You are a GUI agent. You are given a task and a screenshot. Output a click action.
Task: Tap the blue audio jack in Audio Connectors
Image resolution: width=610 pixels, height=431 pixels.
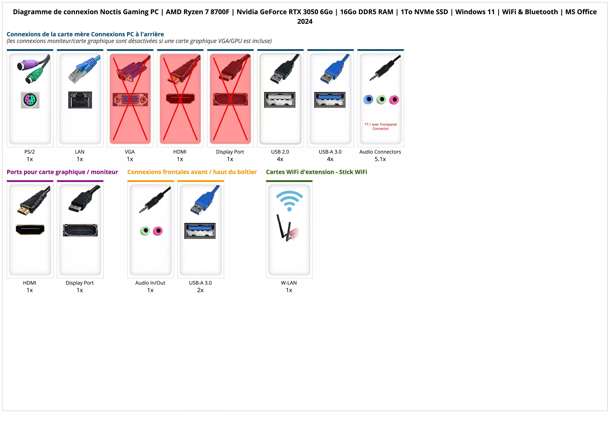pyautogui.click(x=368, y=100)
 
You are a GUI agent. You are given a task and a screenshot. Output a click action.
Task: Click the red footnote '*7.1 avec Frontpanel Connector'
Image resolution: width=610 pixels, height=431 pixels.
pyautogui.click(x=380, y=126)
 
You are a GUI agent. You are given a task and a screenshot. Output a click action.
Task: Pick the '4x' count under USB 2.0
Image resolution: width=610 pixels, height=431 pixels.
pyautogui.click(x=280, y=159)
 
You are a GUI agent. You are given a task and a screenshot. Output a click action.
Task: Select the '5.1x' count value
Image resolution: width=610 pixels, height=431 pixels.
pyautogui.click(x=380, y=159)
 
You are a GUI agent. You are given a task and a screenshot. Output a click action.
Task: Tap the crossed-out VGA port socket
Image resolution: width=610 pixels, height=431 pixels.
pyautogui.click(x=130, y=100)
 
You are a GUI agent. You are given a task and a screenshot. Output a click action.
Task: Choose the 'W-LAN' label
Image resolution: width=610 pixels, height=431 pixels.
pyautogui.click(x=289, y=283)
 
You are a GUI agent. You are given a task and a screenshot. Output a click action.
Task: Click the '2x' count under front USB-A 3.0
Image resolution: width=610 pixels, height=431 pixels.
pyautogui.click(x=200, y=290)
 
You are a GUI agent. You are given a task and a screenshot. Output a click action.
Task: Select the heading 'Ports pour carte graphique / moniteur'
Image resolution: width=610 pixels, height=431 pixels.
pyautogui.click(x=62, y=172)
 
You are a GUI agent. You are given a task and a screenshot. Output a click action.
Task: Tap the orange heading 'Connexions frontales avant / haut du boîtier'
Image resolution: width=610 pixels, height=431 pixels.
pyautogui.click(x=192, y=172)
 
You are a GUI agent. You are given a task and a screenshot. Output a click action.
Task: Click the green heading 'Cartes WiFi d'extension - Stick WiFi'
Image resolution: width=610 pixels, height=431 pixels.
pyautogui.click(x=316, y=172)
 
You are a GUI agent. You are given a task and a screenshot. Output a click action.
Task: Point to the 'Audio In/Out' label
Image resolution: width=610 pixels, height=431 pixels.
pyautogui.click(x=150, y=283)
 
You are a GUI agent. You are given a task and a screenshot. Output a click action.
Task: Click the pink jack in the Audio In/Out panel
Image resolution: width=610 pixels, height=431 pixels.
pyautogui.click(x=158, y=231)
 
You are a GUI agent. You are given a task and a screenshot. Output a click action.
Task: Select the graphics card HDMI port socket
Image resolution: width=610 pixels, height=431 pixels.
pyautogui.click(x=30, y=230)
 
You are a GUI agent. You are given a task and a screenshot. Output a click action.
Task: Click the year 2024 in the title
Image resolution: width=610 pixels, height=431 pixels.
pyautogui.click(x=305, y=22)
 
